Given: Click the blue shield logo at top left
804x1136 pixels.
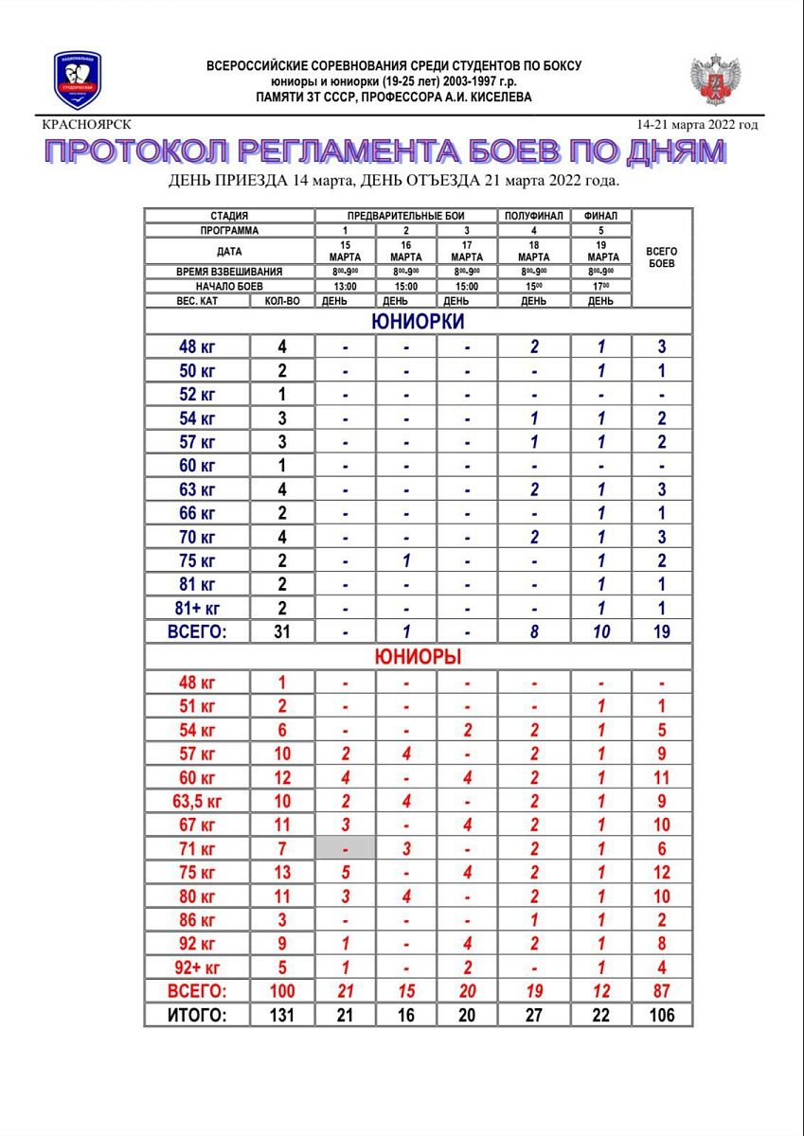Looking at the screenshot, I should coord(78,80).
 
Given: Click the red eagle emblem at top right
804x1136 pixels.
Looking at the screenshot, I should coord(715,80).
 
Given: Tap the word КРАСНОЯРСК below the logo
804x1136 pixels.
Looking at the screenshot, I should coord(87,124).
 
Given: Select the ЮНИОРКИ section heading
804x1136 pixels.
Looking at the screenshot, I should coord(418,321).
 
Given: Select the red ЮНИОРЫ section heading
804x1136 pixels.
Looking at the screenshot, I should coord(418,656).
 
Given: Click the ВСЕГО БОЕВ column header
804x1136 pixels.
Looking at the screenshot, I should coord(662,257).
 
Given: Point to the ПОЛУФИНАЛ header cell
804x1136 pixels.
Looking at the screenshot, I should coord(534,216).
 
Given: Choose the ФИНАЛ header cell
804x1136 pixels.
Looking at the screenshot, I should coord(602,216).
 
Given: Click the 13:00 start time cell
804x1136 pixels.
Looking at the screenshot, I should coord(345,286).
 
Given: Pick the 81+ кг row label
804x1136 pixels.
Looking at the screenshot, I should coord(197,608).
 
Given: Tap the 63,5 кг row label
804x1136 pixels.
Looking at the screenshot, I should coord(197,801).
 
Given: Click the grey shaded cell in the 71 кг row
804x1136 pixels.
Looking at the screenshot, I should coord(345,849).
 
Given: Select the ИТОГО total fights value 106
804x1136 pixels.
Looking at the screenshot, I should coord(662,1016).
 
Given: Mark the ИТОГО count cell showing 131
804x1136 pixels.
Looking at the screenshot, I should coord(281,1016).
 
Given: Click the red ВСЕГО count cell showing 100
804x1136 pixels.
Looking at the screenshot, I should coord(281,991).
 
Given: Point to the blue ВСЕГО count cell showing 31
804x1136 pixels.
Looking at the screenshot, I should coord(281,631).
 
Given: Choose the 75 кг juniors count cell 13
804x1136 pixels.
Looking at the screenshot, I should coord(281,873).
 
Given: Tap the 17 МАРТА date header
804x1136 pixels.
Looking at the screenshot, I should coord(467,252).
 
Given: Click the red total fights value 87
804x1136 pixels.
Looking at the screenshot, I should coord(662,991).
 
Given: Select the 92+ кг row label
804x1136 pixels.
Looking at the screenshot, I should coord(197,967).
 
